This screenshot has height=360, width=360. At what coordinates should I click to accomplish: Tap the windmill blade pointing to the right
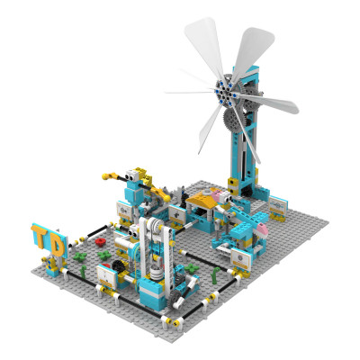(x=270, y=103)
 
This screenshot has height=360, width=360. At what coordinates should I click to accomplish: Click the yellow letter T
(x=41, y=238)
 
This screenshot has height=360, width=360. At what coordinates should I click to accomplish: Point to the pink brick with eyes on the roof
(x=217, y=193)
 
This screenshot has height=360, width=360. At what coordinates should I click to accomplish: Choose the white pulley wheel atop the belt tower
(x=155, y=230)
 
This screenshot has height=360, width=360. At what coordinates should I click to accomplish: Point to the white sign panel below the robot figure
(x=126, y=212)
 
